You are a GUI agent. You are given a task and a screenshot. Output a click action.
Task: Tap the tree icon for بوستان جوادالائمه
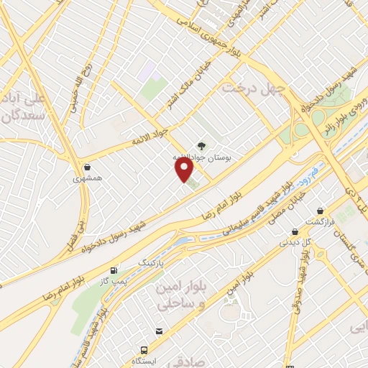[x=201, y=146]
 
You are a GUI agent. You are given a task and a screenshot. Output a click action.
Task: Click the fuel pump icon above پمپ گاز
[x=114, y=270]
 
